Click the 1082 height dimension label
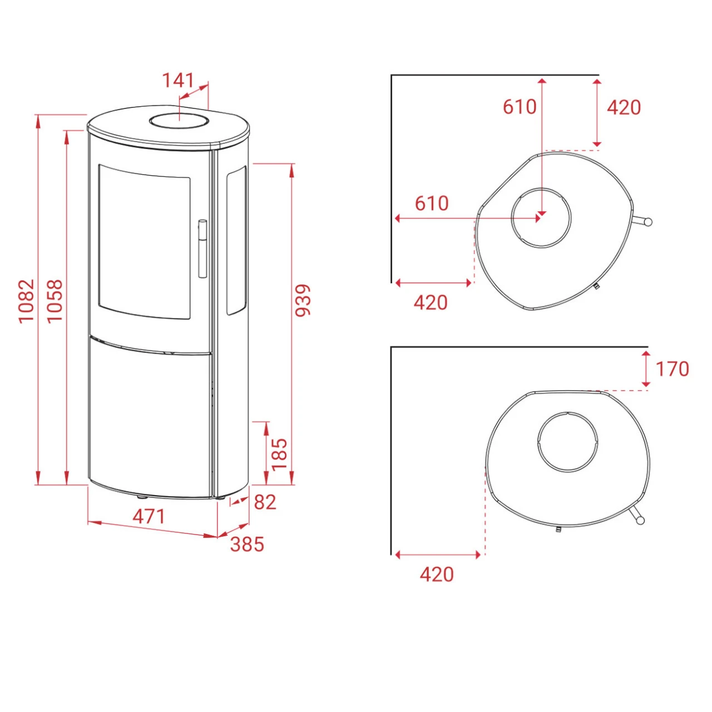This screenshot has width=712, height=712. tap(26, 301)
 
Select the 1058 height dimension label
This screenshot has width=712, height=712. tap(55, 301)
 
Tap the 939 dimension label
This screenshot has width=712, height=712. tap(303, 300)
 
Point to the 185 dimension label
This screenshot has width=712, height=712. tap(279, 454)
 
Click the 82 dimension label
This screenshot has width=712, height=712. tap(265, 502)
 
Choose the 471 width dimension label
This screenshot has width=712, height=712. tap(149, 516)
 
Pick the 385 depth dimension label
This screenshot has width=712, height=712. tap(247, 544)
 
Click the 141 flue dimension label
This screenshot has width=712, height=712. tap(178, 80)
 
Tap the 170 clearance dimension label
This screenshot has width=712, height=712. tap(672, 369)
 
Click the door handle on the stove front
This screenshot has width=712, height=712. tap(202, 248)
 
